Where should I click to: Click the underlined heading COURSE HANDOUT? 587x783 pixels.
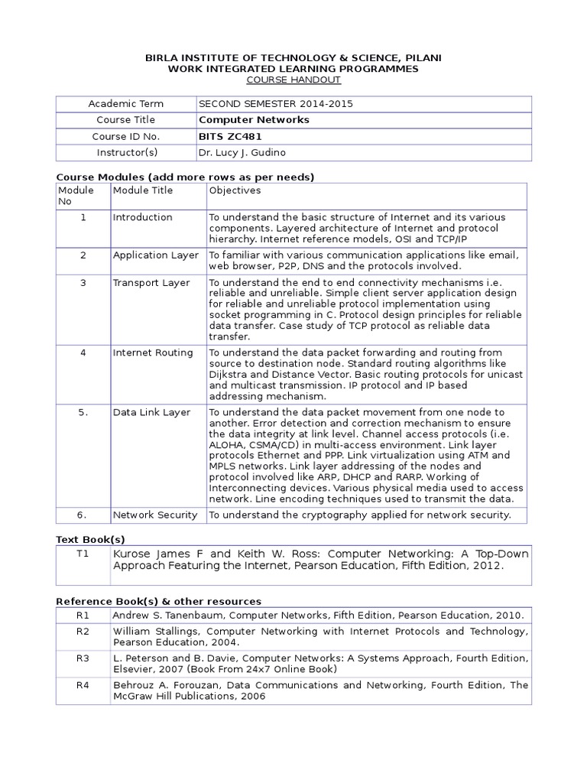point(293,80)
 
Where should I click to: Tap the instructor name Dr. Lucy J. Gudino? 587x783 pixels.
point(242,153)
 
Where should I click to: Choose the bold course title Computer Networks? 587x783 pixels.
point(254,120)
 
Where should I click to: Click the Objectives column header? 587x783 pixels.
point(235,190)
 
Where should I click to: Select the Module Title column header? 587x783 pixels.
point(143,190)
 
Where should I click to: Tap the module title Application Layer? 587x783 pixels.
point(156,255)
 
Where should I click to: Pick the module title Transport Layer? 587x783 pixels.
point(151,283)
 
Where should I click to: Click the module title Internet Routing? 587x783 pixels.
point(153,353)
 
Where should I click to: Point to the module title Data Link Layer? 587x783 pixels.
point(151,412)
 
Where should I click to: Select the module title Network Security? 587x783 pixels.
point(155,515)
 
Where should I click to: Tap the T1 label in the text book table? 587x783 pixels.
point(83,554)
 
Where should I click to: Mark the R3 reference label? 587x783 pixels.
point(83,658)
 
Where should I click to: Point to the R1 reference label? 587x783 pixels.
point(83,615)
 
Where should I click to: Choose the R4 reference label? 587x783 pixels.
point(83,685)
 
